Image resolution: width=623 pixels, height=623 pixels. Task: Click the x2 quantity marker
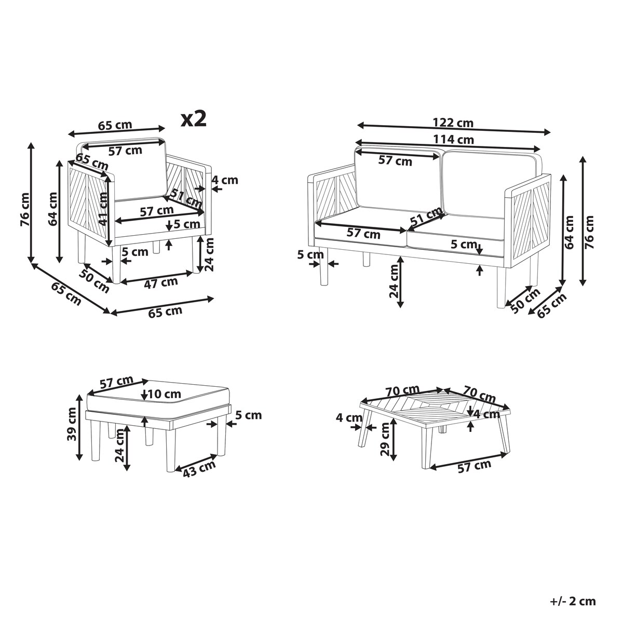click(193, 119)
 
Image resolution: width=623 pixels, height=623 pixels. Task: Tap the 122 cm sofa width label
click(453, 123)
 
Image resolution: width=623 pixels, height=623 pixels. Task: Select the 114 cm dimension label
click(453, 139)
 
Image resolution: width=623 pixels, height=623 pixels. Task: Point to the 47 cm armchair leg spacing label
click(160, 282)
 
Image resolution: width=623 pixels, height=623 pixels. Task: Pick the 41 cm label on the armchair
click(103, 209)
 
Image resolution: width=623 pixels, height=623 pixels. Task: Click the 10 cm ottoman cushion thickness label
click(165, 394)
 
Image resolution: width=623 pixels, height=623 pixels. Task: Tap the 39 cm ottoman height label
click(72, 424)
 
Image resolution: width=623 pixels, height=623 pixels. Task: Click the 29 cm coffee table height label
click(385, 439)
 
